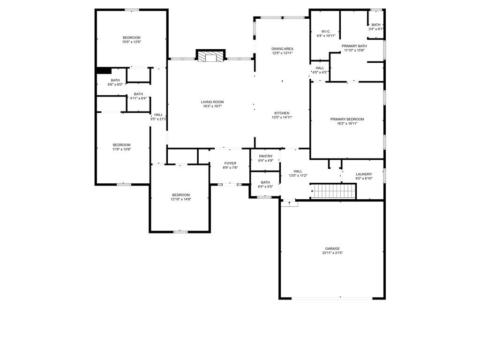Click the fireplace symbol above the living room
pyautogui.click(x=210, y=56)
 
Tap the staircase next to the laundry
pyautogui.click(x=333, y=191)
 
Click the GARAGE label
pyautogui.click(x=332, y=248)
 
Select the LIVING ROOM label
pyautogui.click(x=212, y=102)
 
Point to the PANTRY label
pyautogui.click(x=265, y=156)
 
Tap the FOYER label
pyautogui.click(x=230, y=164)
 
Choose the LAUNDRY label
pyautogui.click(x=364, y=174)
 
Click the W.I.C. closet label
pyautogui.click(x=326, y=31)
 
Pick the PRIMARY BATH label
pyautogui.click(x=354, y=46)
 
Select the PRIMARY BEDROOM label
pyautogui.click(x=347, y=119)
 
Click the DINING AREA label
pyautogui.click(x=282, y=49)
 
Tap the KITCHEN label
pyautogui.click(x=282, y=113)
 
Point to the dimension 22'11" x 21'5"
pyautogui.click(x=332, y=253)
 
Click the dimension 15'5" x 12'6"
pyautogui.click(x=132, y=42)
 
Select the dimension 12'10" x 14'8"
pyautogui.click(x=181, y=199)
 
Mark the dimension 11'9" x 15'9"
pyautogui.click(x=121, y=150)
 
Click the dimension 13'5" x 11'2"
pyautogui.click(x=298, y=176)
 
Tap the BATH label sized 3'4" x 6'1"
pyautogui.click(x=376, y=25)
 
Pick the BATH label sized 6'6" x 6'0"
pyautogui.click(x=115, y=80)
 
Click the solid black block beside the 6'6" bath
pyautogui.click(x=104, y=71)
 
